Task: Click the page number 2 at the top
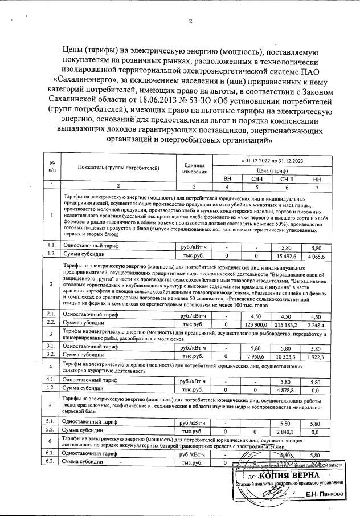coord(191,22)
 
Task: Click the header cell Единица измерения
coord(194,168)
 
